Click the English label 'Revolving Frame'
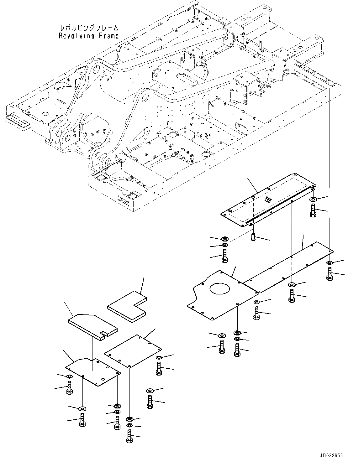point(89,36)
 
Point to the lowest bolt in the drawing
point(129,436)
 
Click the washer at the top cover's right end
point(313,199)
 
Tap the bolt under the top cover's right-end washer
point(313,210)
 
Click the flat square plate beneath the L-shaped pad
point(133,350)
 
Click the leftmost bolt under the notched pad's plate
point(70,388)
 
